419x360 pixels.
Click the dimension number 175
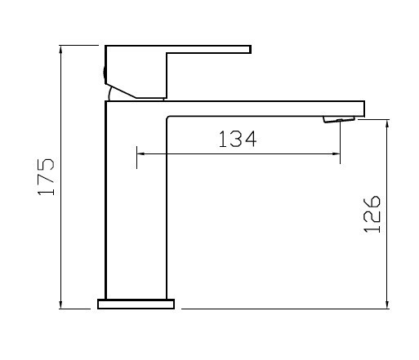[47, 177]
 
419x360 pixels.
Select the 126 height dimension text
[372, 214]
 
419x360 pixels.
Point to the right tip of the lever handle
[248, 50]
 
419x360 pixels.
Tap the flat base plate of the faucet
[136, 304]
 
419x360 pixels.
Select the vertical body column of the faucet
[136, 204]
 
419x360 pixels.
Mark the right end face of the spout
[363, 109]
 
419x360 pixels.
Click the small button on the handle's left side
[105, 73]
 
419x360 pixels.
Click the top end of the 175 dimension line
[62, 46]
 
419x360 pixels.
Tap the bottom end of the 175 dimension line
[62, 309]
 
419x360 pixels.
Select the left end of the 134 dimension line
[136, 153]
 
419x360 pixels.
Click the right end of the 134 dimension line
[339, 153]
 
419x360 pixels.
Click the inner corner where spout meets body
[167, 118]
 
